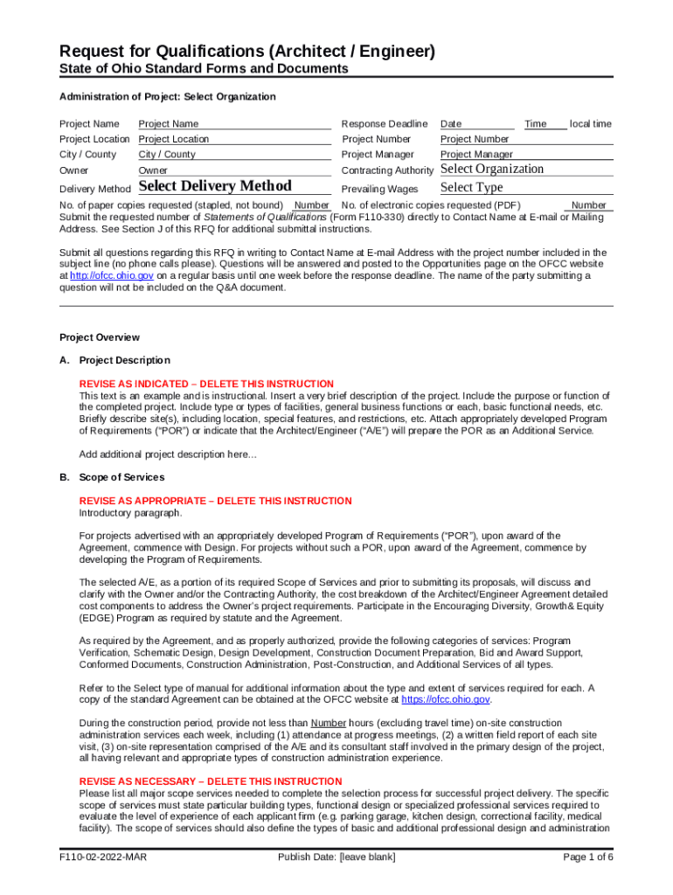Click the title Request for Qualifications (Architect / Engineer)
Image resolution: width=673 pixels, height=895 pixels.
pyautogui.click(x=247, y=52)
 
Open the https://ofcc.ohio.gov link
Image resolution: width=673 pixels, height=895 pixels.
pyautogui.click(x=445, y=699)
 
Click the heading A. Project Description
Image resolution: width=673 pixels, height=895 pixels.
pyautogui.click(x=114, y=360)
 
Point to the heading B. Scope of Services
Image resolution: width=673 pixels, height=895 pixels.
pyautogui.click(x=111, y=477)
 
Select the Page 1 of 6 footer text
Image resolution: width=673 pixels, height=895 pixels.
pyautogui.click(x=588, y=857)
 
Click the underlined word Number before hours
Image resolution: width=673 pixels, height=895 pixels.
pyautogui.click(x=329, y=723)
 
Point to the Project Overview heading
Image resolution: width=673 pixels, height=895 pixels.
pyautogui.click(x=99, y=337)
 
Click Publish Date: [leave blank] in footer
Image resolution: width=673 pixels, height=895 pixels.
pyautogui.click(x=336, y=857)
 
